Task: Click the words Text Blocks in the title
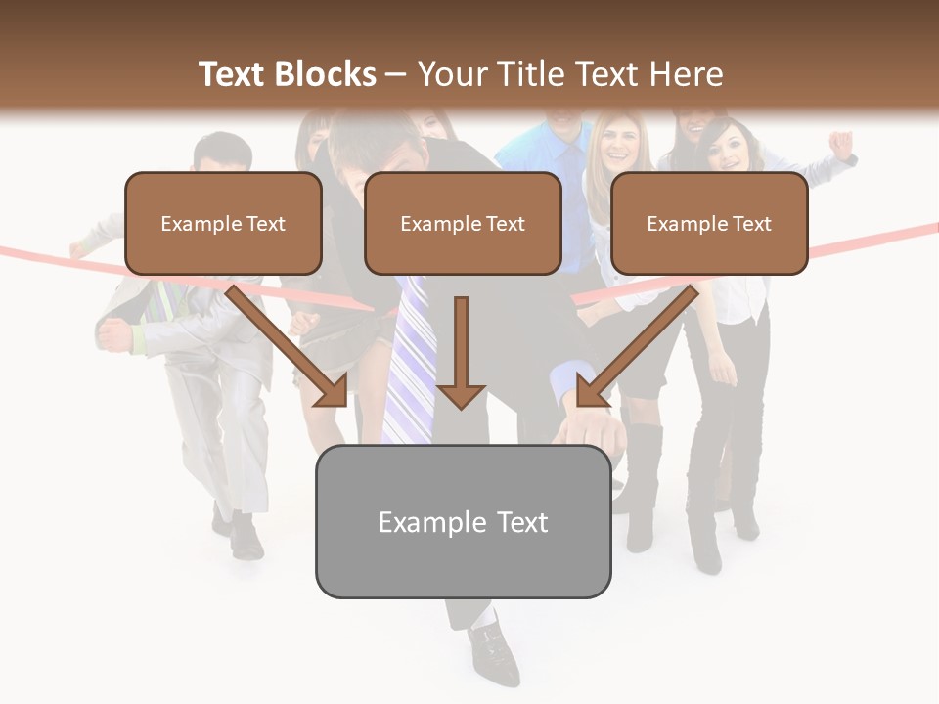point(287,74)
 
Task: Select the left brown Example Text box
point(223,223)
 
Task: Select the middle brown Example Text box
point(463,223)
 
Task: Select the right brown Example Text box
point(709,223)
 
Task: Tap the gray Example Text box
point(463,521)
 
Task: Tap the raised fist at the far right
point(840,144)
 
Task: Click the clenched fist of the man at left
point(115,335)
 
